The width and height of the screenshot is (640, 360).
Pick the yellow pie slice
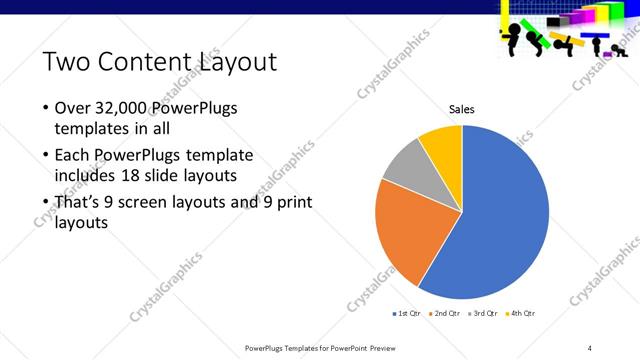coord(443,145)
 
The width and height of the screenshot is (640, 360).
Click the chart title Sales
coord(461,109)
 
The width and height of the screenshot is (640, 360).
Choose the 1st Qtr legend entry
coord(409,314)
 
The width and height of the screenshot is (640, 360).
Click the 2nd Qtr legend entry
coord(445,314)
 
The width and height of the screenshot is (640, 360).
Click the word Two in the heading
coord(64,62)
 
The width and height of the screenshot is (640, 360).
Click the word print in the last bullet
coord(292,203)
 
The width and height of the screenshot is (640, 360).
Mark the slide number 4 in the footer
coord(590,348)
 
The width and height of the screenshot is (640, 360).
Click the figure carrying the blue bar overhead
coord(597,46)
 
